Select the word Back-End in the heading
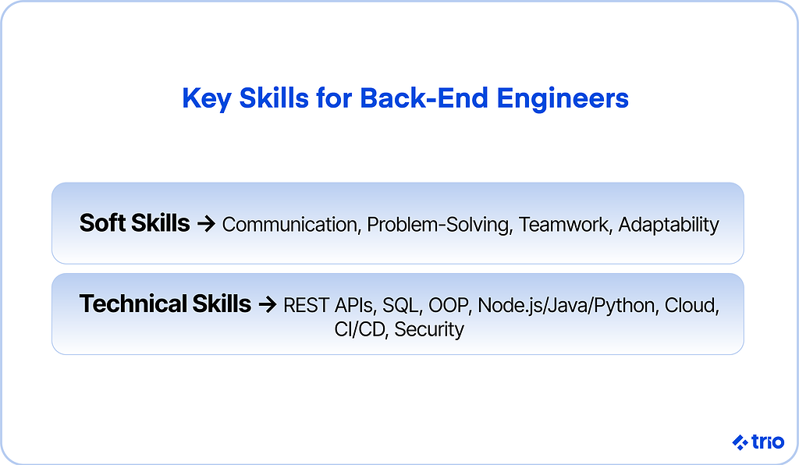click(x=424, y=98)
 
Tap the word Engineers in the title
click(x=563, y=99)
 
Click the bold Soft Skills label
click(x=134, y=223)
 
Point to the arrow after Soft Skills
click(x=206, y=224)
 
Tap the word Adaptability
click(x=669, y=225)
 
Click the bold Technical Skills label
click(x=165, y=303)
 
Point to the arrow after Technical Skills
click(x=268, y=304)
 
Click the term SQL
click(x=403, y=306)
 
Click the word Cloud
click(x=692, y=306)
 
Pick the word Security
click(x=429, y=330)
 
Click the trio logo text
click(x=768, y=442)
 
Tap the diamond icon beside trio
click(x=740, y=442)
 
